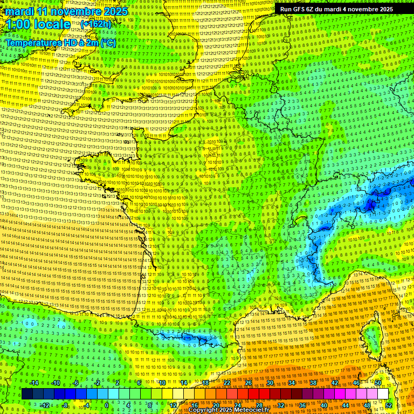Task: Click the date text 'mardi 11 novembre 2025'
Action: tap(67, 11)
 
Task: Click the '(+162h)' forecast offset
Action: tap(96, 24)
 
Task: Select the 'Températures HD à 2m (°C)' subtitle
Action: tap(60, 43)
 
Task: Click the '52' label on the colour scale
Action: tap(389, 405)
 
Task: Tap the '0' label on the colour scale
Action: tap(107, 405)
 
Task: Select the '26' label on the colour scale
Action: tap(249, 383)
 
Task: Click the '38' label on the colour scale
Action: tap(313, 383)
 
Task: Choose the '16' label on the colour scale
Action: tap(195, 405)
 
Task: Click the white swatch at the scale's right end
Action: tap(383, 394)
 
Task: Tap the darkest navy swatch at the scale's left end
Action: tap(27, 394)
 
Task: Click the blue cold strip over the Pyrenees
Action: tap(186, 338)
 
